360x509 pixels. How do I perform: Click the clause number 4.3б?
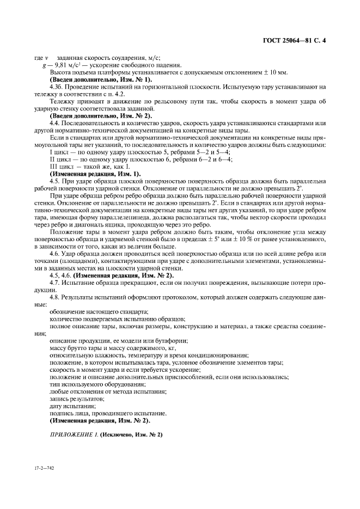[x=57, y=87]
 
